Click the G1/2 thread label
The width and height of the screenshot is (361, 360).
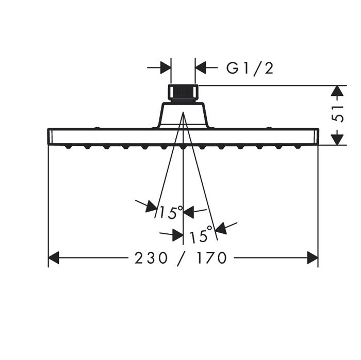pos(250,68)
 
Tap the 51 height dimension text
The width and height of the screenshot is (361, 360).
pos(337,114)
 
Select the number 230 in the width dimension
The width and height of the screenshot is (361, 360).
pos(151,258)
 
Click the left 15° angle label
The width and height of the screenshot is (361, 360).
pos(171,212)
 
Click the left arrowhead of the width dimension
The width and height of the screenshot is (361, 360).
pos(54,258)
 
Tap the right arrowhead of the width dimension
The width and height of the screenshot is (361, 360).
pos(313,258)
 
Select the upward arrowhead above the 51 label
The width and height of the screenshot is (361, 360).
pos(337,91)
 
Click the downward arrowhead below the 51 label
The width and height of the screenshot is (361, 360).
pos(337,140)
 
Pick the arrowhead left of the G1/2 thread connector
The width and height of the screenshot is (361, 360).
pos(166,68)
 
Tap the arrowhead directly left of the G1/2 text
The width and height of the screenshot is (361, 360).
pos(200,68)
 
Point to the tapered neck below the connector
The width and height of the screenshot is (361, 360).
pos(183,114)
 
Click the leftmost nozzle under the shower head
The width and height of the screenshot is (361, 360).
pos(68,147)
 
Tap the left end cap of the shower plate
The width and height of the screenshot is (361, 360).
pos(50,136)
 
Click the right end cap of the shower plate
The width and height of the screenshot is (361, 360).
pos(316,136)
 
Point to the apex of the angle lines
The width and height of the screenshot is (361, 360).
pos(183,112)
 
